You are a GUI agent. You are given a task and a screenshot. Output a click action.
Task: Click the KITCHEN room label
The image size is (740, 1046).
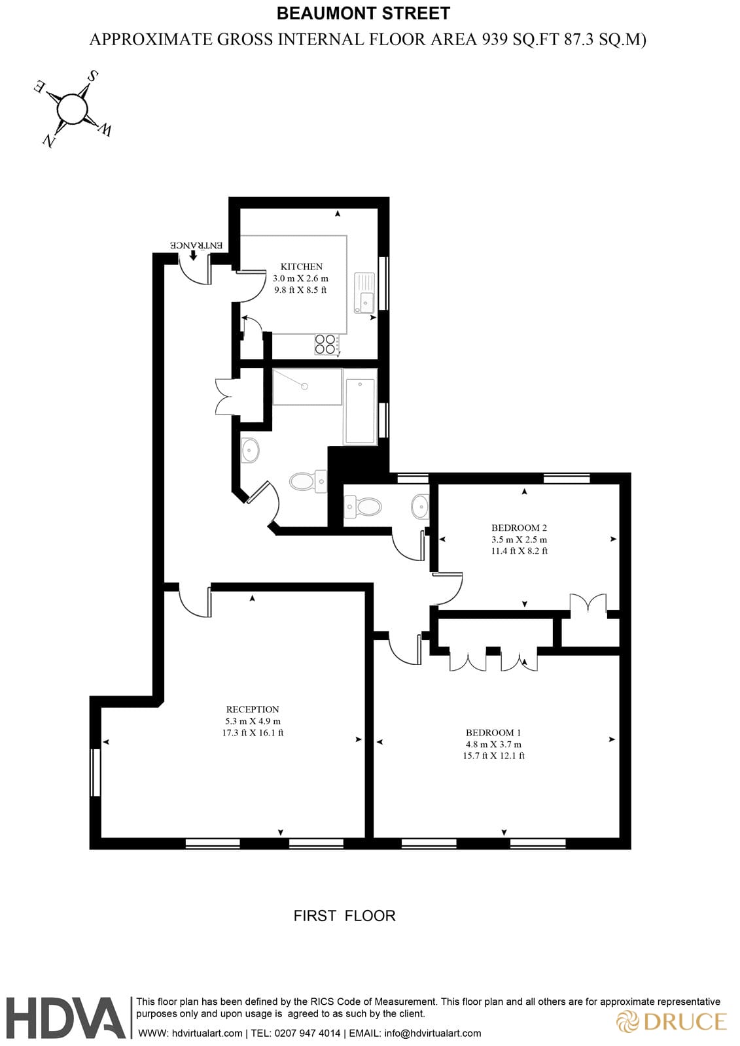tap(301, 267)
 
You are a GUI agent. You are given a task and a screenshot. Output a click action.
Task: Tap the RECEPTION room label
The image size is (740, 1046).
tap(253, 709)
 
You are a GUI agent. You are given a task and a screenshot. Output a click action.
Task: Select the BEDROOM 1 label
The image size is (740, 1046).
tap(493, 733)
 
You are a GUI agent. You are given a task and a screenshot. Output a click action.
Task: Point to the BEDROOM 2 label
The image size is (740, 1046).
tap(519, 528)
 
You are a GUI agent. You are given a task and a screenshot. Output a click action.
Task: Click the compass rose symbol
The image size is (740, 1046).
tap(72, 109)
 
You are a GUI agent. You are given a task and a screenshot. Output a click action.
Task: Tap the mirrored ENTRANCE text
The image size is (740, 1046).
tap(197, 245)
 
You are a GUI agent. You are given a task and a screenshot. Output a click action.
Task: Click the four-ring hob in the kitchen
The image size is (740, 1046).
tap(326, 344)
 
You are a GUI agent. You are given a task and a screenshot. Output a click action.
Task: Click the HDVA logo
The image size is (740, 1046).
tap(65, 1017)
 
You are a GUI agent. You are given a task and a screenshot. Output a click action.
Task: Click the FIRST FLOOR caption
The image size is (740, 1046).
tap(344, 916)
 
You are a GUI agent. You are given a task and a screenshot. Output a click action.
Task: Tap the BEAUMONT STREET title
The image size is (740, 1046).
tap(363, 13)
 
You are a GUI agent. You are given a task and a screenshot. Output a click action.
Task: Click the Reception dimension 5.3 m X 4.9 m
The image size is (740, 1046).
tap(253, 721)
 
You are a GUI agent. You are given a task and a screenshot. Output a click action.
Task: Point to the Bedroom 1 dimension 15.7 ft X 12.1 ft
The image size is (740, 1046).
tap(493, 756)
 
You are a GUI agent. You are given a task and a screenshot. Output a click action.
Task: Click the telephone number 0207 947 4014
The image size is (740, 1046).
tap(308, 1034)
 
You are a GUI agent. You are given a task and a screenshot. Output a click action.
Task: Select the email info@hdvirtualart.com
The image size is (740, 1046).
tap(432, 1034)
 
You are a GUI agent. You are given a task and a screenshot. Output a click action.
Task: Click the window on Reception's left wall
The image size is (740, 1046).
tap(96, 772)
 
